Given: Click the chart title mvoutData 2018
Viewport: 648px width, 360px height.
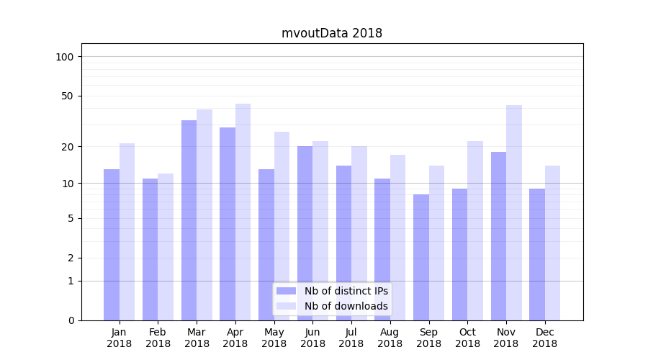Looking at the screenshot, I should (331, 33).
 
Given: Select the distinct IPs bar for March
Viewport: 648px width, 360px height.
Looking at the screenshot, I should (189, 220).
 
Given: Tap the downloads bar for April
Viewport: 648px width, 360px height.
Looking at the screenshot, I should (243, 212).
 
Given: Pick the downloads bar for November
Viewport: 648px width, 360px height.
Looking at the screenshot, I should (514, 212).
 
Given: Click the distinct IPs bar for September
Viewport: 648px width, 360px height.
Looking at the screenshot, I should (421, 257).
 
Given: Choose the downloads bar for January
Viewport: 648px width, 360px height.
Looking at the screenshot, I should (127, 231).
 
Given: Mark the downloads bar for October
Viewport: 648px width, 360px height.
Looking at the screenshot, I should (475, 230).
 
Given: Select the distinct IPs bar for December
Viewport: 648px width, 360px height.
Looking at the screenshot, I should (537, 254).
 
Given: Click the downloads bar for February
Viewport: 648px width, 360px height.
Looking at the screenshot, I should (166, 246).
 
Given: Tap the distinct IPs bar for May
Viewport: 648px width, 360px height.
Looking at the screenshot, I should (266, 244).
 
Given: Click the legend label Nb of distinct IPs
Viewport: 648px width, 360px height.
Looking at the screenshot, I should (346, 291).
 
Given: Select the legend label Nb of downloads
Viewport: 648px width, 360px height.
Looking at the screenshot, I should (346, 306).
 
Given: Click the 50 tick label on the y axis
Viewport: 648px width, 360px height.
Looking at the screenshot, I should (68, 96).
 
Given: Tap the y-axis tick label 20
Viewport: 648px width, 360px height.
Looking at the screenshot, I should (68, 147).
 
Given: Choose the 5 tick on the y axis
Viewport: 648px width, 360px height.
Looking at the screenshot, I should (71, 218).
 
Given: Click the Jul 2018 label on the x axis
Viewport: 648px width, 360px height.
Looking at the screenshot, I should (351, 338).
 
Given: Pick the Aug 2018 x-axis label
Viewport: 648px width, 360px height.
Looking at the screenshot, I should (390, 338).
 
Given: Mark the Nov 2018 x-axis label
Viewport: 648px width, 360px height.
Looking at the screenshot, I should (506, 338).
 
